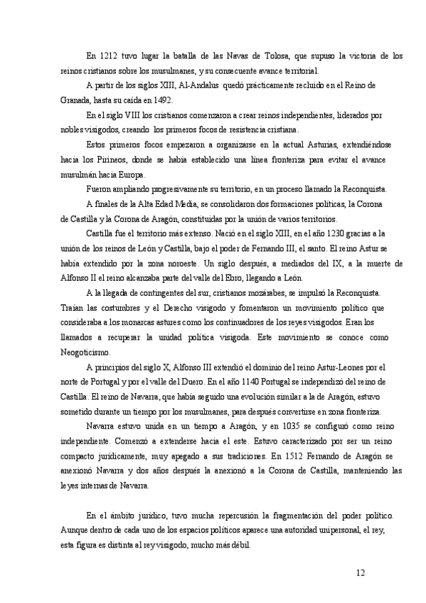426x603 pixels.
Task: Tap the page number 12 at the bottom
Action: point(361,572)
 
